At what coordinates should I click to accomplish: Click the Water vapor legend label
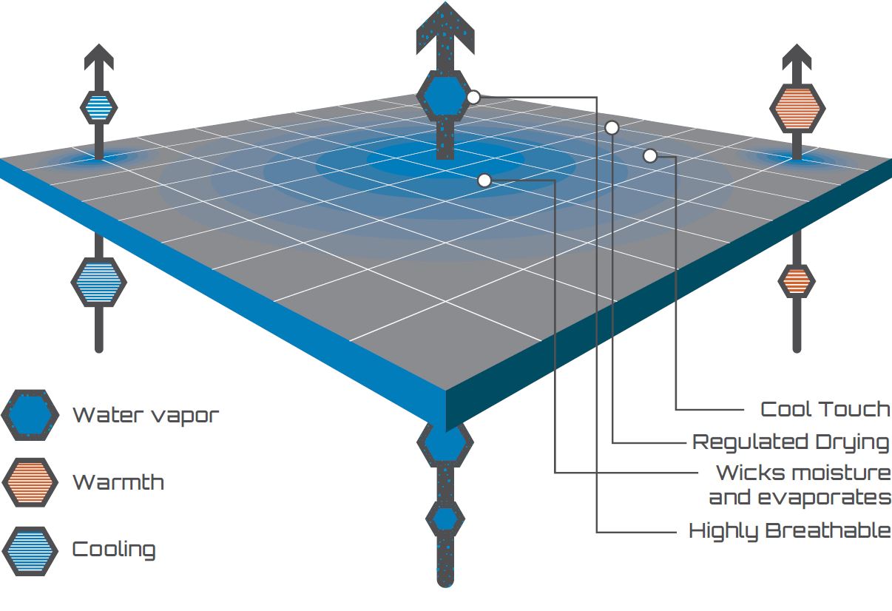[x=146, y=416]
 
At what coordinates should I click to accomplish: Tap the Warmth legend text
[x=118, y=482]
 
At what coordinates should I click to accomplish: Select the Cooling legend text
[x=114, y=550]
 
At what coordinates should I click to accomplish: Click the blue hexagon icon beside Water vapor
[x=30, y=415]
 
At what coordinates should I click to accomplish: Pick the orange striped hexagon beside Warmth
[x=30, y=482]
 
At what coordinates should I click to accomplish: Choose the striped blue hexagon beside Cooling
[x=30, y=551]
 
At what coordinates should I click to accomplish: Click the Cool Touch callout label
[x=825, y=410]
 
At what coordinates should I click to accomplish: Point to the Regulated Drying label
[x=791, y=443]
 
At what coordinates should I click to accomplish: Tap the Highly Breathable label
[x=790, y=531]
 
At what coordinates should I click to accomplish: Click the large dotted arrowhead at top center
[x=445, y=28]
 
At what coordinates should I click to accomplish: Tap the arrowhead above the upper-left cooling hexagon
[x=99, y=57]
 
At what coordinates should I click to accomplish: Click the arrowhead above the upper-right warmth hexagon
[x=797, y=57]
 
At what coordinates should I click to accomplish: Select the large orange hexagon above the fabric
[x=797, y=109]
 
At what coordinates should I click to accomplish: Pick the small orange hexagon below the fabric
[x=797, y=281]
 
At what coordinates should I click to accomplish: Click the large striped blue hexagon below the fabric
[x=99, y=283]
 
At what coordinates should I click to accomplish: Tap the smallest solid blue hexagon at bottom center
[x=445, y=519]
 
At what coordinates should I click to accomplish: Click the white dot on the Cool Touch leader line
[x=650, y=156]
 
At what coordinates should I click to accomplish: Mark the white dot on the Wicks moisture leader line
[x=484, y=180]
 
